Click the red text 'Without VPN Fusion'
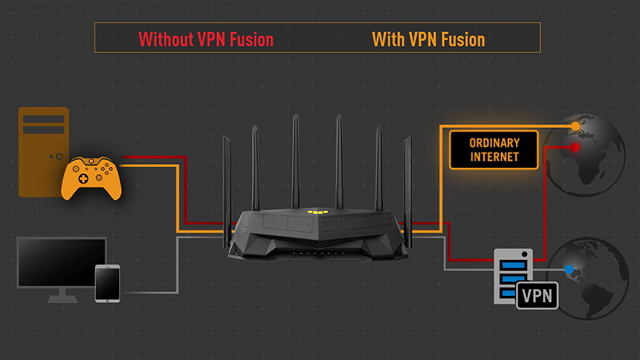[206, 38]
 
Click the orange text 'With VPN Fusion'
[428, 38]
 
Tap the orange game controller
[91, 176]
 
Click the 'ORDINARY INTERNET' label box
[494, 150]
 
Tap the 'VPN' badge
[537, 296]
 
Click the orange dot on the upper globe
[575, 125]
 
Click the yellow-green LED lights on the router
[317, 212]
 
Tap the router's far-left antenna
[226, 180]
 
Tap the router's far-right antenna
[407, 180]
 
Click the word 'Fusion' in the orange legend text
[460, 38]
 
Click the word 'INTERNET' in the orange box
[494, 157]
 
